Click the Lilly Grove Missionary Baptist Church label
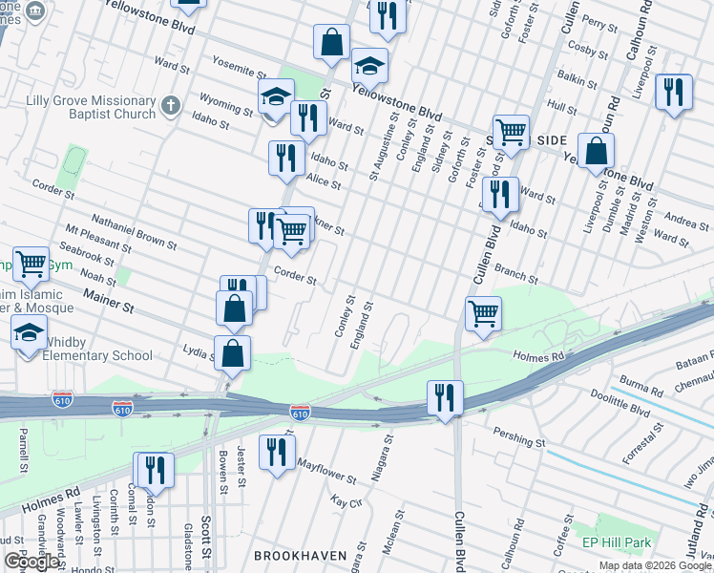pyautogui.click(x=78, y=107)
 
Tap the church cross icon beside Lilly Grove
pyautogui.click(x=170, y=105)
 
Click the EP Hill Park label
pyautogui.click(x=617, y=543)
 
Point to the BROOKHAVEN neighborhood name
pyautogui.click(x=296, y=555)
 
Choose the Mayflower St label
pyautogui.click(x=325, y=469)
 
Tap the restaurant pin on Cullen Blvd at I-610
pyautogui.click(x=445, y=397)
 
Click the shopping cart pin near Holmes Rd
pyautogui.click(x=484, y=312)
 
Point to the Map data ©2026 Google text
pyautogui.click(x=655, y=566)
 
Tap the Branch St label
pyautogui.click(x=516, y=276)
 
